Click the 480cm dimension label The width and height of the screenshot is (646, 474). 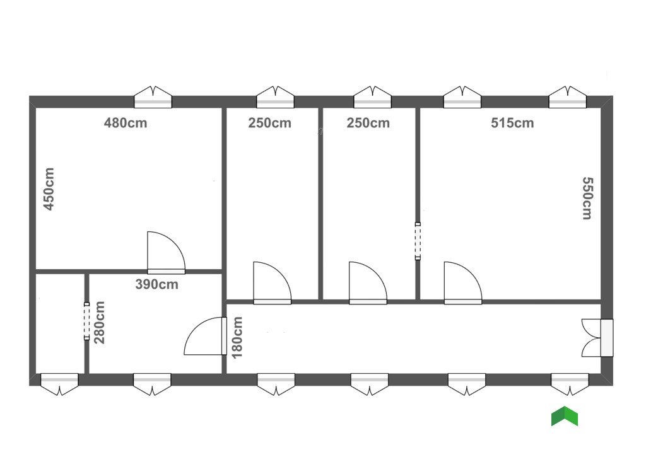tap(126, 123)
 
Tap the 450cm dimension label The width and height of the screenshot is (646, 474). tap(49, 188)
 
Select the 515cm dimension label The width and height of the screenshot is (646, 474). tap(512, 123)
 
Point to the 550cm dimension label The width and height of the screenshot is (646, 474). tap(586, 197)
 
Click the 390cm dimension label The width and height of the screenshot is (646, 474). tap(156, 284)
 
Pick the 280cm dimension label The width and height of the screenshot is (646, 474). tap(100, 322)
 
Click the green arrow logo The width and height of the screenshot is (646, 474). tap(565, 417)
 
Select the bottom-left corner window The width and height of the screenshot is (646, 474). tap(59, 383)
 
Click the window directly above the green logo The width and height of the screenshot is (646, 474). tap(570, 383)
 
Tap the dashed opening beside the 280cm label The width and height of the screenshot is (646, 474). tap(87, 321)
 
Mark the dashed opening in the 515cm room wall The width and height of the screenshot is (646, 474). tap(418, 241)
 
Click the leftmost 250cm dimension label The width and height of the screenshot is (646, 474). tap(269, 123)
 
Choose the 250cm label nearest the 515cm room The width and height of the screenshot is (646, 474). tap(368, 123)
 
